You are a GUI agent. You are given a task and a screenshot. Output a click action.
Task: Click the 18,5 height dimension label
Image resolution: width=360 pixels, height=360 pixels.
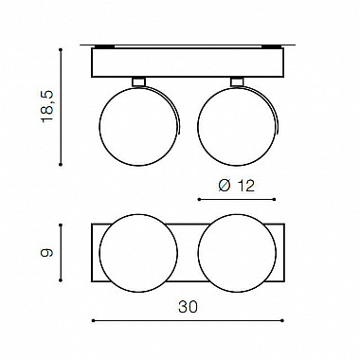pos(47,107)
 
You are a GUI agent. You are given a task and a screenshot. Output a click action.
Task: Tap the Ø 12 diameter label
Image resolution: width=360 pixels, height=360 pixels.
pos(237,186)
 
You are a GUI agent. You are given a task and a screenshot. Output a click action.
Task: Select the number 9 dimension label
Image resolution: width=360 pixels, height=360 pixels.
pos(47,253)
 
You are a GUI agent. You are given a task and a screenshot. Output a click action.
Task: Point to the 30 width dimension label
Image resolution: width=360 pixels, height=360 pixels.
pos(188,307)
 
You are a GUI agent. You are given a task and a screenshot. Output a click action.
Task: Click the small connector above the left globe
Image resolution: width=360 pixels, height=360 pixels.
pos(138,81)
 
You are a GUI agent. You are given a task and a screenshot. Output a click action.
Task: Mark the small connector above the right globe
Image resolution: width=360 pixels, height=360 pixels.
pos(237,81)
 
